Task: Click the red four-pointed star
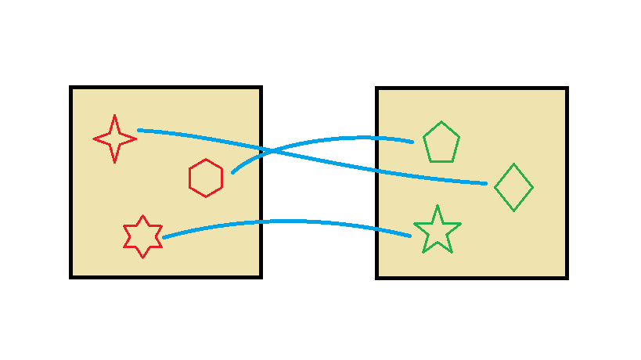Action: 115,139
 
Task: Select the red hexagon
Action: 206,178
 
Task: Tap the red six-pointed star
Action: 142,236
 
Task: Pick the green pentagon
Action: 441,143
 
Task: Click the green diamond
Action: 514,188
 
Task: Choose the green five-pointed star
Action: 438,231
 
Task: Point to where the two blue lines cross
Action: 269,150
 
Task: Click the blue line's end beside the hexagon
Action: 232,172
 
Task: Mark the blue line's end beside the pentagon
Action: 412,142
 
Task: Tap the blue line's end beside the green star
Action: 410,236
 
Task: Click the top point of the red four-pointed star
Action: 115,117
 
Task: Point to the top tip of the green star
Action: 438,207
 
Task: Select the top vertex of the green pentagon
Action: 441,122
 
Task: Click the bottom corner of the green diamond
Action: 514,211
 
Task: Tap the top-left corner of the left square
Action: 71,88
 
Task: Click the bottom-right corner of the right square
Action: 567,277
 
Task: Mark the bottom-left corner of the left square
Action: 71,276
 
